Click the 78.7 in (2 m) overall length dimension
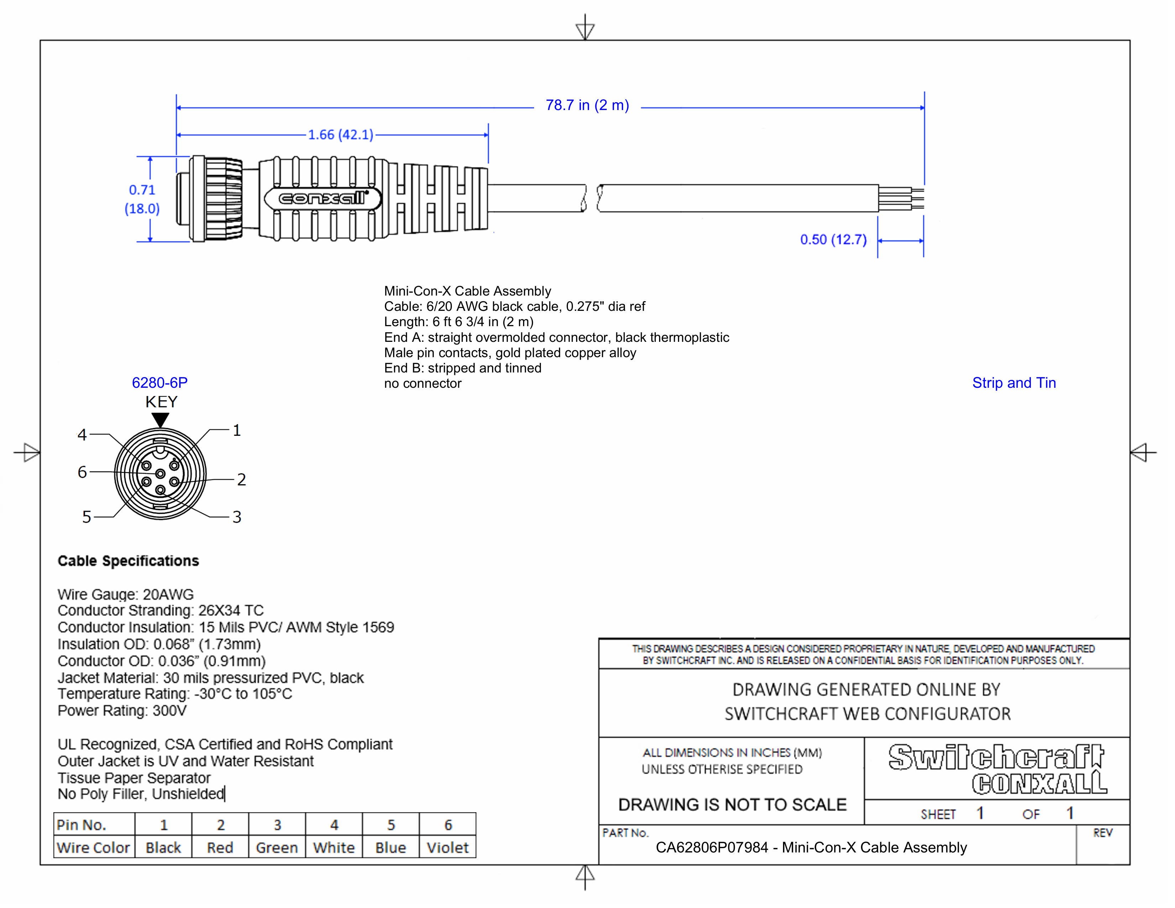tap(587, 105)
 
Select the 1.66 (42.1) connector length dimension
tap(340, 135)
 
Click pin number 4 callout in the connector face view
tap(82, 435)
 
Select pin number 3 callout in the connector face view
tap(237, 517)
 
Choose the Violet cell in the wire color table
tap(448, 848)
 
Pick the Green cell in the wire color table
tap(277, 848)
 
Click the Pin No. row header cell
tap(82, 825)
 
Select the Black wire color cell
tap(163, 848)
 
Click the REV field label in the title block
tap(1102, 833)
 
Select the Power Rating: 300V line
tap(122, 711)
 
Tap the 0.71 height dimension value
tap(142, 190)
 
